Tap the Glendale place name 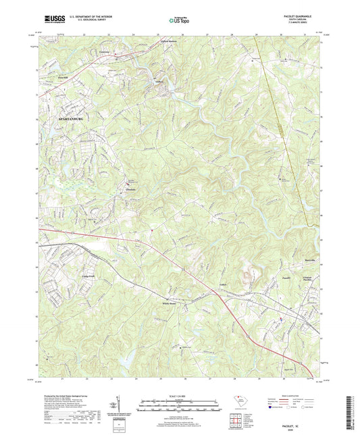[132, 189]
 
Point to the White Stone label [170, 304]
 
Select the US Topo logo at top [179, 21]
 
